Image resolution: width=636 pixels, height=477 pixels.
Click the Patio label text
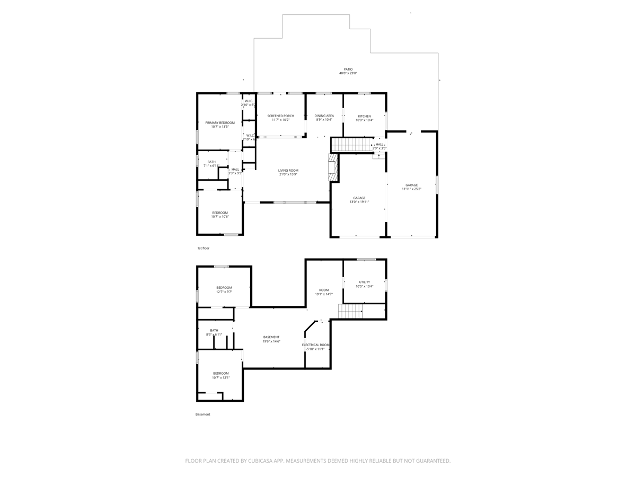(348, 71)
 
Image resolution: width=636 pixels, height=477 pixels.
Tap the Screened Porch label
(280, 118)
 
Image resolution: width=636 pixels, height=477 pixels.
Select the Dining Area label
(324, 118)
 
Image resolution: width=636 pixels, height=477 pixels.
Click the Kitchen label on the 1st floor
(364, 118)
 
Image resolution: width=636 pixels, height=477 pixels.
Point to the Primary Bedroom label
(220, 125)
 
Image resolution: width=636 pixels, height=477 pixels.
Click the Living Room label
(288, 172)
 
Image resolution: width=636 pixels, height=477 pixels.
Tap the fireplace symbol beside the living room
(332, 167)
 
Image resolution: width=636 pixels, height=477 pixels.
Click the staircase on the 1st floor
(349, 144)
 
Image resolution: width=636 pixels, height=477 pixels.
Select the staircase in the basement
(350, 312)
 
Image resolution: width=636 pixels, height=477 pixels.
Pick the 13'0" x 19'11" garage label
(359, 200)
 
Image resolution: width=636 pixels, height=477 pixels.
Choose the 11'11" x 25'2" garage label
(411, 187)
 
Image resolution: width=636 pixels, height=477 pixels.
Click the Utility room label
(364, 284)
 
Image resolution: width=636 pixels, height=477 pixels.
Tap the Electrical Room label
(316, 347)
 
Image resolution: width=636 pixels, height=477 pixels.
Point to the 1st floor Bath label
(211, 164)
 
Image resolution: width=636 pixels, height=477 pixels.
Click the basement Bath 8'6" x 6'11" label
(214, 332)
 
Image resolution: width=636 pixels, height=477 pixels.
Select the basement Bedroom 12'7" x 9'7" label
(224, 289)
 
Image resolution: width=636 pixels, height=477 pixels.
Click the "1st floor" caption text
(204, 248)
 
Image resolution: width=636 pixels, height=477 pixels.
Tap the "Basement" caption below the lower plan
(203, 414)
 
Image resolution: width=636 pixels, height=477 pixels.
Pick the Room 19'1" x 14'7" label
(324, 292)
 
